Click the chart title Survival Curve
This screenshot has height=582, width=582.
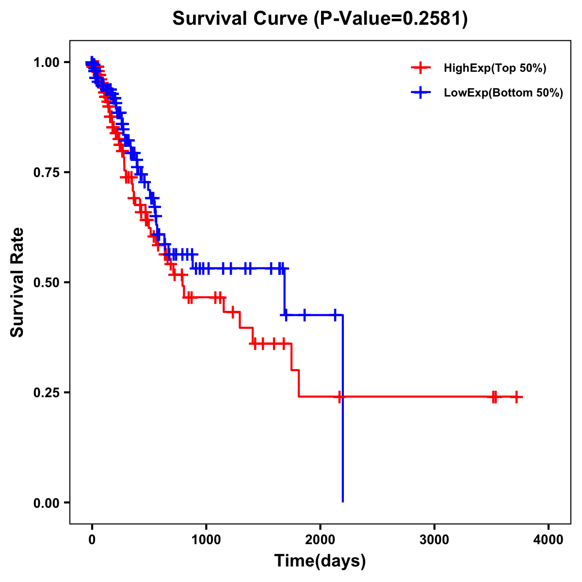(240, 19)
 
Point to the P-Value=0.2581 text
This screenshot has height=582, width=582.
(390, 19)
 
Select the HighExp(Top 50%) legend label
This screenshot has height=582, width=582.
(495, 68)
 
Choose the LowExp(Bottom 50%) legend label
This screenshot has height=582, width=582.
(503, 93)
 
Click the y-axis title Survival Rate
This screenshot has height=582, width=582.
(17, 282)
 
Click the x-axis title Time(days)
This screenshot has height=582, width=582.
(320, 561)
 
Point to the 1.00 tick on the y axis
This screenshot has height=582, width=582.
(46, 63)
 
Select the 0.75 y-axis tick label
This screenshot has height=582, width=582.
(46, 172)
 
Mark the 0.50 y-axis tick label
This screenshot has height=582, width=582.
(46, 282)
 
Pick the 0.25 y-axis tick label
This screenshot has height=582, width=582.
(46, 392)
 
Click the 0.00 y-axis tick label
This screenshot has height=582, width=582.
(46, 502)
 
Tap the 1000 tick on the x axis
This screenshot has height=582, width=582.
(206, 540)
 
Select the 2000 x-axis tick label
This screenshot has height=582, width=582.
(320, 540)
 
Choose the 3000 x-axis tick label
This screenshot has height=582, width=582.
(434, 540)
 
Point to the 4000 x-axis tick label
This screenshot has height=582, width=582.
(549, 540)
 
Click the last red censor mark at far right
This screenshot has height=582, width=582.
(517, 397)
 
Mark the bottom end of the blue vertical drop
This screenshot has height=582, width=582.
(343, 501)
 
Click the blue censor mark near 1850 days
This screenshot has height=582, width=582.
(304, 315)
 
